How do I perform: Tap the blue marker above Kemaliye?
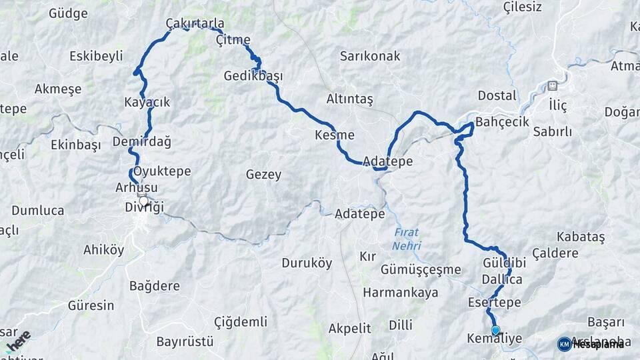click(495, 329)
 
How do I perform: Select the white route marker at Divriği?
click(143, 200)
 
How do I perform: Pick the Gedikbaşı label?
click(253, 76)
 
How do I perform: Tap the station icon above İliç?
click(552, 86)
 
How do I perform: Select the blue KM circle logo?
click(564, 344)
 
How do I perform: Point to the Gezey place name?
click(263, 175)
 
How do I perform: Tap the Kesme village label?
click(334, 135)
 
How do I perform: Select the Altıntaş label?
click(349, 99)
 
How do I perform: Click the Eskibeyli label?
click(97, 56)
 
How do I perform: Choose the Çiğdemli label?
click(241, 323)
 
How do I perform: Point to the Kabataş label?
click(581, 237)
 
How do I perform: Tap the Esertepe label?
click(494, 303)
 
